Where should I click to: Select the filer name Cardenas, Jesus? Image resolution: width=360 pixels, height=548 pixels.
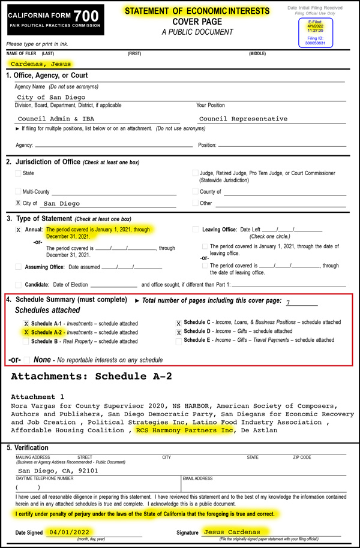click(x=40, y=64)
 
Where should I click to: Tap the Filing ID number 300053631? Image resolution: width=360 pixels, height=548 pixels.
click(x=315, y=43)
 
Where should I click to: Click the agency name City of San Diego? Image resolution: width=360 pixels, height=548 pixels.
click(x=51, y=97)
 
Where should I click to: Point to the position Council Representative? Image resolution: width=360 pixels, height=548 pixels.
click(x=243, y=119)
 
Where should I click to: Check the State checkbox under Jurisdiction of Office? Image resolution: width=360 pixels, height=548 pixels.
click(x=18, y=173)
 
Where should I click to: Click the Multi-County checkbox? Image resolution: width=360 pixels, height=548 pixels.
click(x=18, y=192)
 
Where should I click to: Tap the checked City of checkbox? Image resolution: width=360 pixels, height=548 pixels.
click(x=18, y=204)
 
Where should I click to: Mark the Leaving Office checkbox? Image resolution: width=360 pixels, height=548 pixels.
click(x=196, y=230)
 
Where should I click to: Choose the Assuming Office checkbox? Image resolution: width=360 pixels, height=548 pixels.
click(x=18, y=267)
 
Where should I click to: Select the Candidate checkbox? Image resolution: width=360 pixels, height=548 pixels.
click(x=18, y=285)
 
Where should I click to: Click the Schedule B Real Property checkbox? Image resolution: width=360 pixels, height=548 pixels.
click(x=26, y=342)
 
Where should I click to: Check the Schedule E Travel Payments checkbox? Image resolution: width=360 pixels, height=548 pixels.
click(x=179, y=341)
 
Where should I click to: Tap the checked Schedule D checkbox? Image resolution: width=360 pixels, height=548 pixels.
click(x=179, y=332)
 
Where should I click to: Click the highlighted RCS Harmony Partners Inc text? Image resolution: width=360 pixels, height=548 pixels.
click(x=184, y=430)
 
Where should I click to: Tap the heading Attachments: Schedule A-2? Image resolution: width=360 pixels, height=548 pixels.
click(x=91, y=377)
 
